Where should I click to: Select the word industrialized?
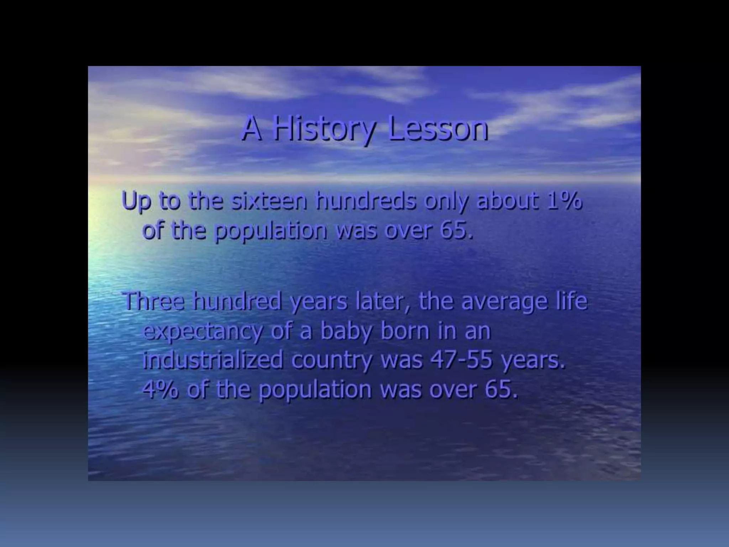(x=213, y=360)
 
